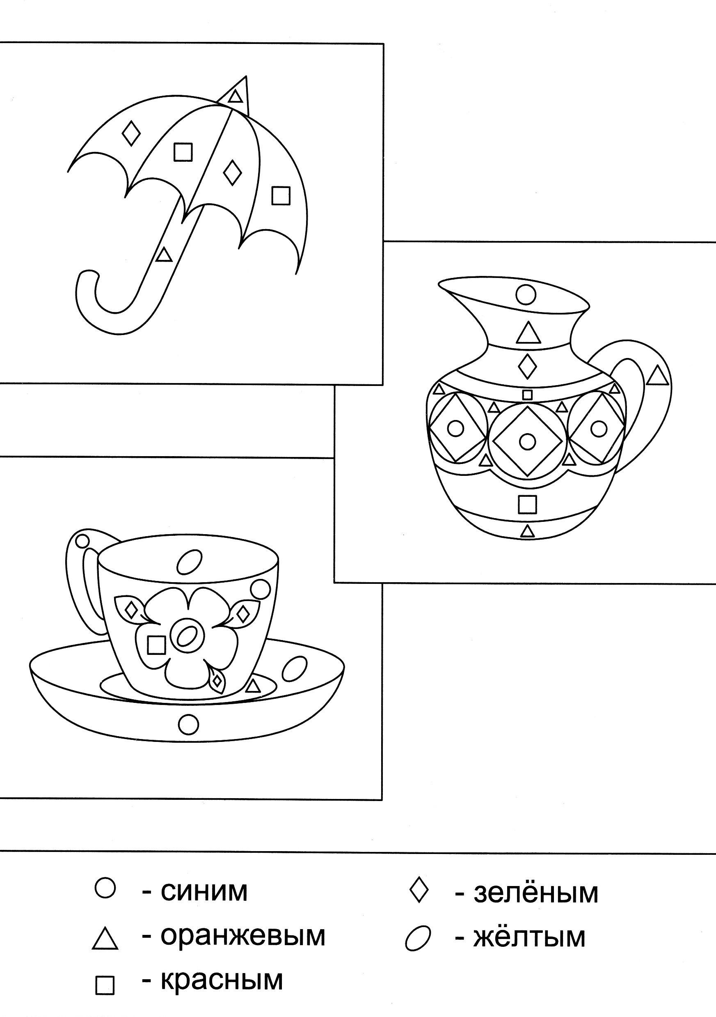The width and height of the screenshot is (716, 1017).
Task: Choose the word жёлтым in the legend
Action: [530, 937]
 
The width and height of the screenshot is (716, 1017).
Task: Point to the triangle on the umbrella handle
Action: [164, 255]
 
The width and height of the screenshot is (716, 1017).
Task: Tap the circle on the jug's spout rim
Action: [526, 294]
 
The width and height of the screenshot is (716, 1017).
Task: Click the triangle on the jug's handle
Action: [657, 376]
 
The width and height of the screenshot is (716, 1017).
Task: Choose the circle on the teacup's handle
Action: [82, 540]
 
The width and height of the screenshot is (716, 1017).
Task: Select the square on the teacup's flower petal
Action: [156, 645]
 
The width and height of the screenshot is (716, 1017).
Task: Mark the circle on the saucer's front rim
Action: [189, 724]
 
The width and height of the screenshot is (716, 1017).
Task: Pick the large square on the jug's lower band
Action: [527, 504]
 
